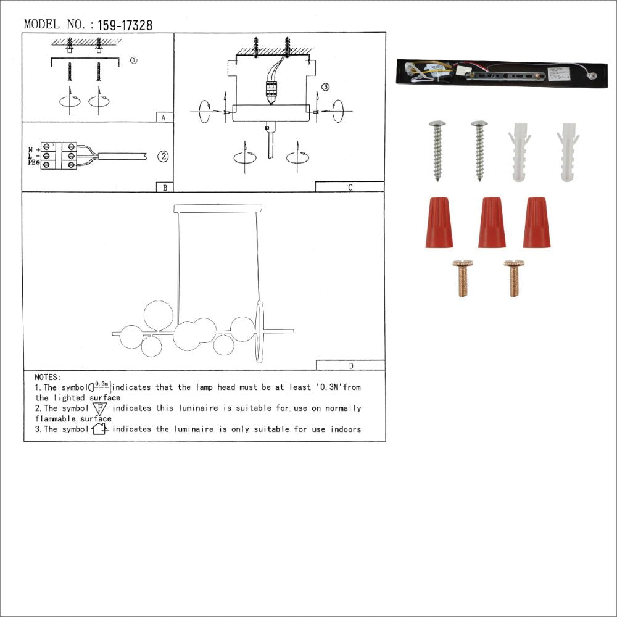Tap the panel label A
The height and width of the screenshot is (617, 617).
point(163,117)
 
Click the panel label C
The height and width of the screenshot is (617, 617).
point(350,188)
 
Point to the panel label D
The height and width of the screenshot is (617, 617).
point(350,365)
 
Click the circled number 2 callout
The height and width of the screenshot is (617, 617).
point(162,156)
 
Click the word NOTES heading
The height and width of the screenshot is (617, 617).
point(48,377)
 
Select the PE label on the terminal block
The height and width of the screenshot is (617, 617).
point(30,163)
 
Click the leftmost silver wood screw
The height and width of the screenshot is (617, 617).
point(437,150)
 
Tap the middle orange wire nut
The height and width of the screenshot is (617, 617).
point(492,222)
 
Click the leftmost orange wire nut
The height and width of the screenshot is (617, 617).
point(438,222)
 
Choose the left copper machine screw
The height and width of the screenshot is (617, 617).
point(462,278)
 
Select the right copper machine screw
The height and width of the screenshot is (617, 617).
point(514,278)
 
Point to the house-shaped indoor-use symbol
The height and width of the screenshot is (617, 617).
point(100,429)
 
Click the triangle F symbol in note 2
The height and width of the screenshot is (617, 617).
point(101,408)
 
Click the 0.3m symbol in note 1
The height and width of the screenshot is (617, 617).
point(101,387)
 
